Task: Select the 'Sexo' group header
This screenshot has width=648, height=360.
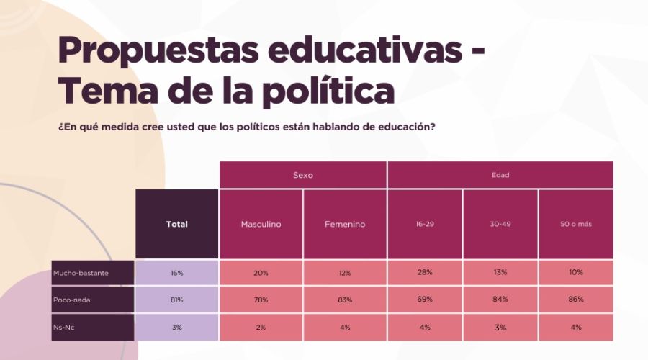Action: [x=303, y=175]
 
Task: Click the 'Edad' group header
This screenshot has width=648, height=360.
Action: [x=500, y=175]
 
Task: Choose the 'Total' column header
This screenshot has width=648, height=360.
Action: [x=176, y=224]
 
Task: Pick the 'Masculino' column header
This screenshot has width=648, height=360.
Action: [x=261, y=224]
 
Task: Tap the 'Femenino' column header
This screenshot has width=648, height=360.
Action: [x=345, y=224]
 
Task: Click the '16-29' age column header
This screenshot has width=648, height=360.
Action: [x=425, y=224]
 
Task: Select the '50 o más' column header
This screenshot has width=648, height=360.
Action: [x=575, y=224]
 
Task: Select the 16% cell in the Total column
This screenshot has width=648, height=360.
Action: [x=176, y=273]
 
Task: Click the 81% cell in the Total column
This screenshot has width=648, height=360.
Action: [x=176, y=299]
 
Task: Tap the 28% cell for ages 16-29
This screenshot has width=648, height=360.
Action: [x=425, y=273]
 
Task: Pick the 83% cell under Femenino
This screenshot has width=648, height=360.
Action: [x=345, y=299]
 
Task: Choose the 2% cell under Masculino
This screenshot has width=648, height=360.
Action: [x=261, y=327]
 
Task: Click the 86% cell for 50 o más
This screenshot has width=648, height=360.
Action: [x=575, y=299]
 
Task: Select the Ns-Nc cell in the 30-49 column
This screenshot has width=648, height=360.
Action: [x=500, y=327]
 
